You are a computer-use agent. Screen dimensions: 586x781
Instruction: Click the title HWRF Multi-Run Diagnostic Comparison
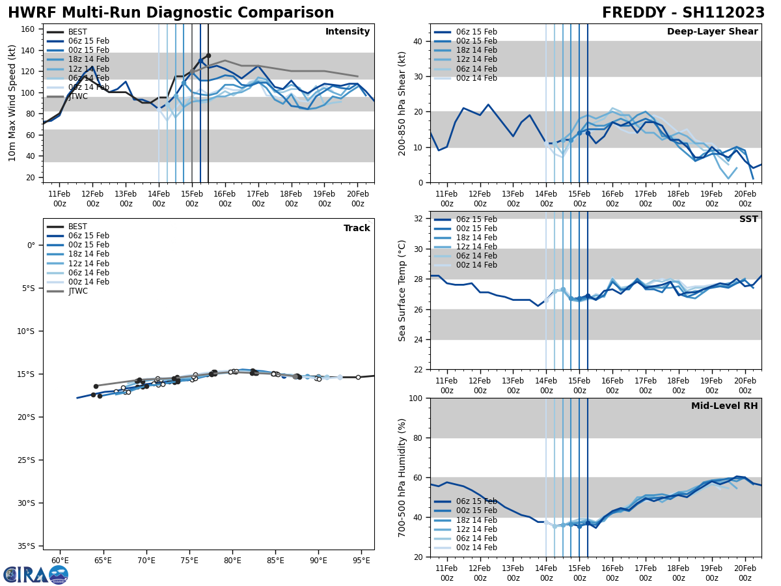[x=171, y=13]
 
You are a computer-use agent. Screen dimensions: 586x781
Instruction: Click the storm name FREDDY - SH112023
[x=683, y=13]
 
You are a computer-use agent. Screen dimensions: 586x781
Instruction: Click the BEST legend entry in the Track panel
[x=77, y=227]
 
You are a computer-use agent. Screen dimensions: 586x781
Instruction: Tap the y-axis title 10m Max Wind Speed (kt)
[x=12, y=103]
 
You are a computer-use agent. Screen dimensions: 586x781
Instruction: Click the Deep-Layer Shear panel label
[x=712, y=32]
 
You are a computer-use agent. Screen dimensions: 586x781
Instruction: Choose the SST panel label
[x=748, y=219]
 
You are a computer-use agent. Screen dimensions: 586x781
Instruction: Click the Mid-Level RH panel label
[x=724, y=406]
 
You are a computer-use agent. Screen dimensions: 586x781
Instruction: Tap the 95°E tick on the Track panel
[x=361, y=561]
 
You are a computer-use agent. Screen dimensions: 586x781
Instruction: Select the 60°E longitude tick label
[x=60, y=561]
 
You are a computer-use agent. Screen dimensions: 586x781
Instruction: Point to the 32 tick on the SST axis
[x=418, y=218]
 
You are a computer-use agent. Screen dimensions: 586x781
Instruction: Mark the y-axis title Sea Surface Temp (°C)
[x=402, y=290]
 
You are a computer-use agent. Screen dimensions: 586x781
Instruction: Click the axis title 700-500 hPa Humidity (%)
[x=402, y=477]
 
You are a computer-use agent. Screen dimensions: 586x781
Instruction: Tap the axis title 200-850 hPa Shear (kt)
[x=402, y=103]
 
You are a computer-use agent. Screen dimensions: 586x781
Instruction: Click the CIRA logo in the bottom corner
[x=36, y=574]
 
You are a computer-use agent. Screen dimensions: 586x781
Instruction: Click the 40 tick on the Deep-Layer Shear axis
[x=418, y=42]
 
